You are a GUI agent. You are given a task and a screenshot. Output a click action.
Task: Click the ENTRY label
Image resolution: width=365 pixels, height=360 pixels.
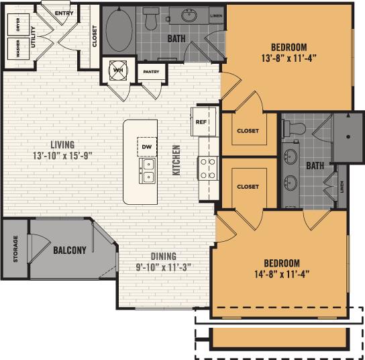click(x=63, y=13)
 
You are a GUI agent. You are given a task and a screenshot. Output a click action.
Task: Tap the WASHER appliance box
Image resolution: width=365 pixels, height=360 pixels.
click(x=13, y=50)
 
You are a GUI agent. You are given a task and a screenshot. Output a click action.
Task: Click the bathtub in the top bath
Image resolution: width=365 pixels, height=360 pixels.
click(x=119, y=31)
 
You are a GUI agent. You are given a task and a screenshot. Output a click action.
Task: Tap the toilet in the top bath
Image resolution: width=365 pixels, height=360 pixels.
click(x=151, y=19)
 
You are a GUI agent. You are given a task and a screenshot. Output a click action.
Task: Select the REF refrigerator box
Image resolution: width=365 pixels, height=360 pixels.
click(x=201, y=123)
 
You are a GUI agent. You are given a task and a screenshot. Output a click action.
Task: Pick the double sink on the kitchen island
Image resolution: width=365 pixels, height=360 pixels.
click(x=147, y=171)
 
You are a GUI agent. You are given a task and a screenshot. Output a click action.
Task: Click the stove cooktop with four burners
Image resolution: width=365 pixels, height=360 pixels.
click(x=207, y=167)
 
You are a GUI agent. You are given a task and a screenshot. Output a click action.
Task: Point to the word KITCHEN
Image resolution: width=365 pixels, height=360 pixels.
click(x=177, y=161)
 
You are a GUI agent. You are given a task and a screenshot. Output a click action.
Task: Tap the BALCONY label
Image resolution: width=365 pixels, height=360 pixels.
click(x=70, y=251)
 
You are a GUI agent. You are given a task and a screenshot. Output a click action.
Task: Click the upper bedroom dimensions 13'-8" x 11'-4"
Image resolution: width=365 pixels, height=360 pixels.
click(x=289, y=57)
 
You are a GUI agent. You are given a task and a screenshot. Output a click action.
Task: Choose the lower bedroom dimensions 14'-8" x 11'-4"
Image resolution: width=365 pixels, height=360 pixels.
click(x=281, y=273)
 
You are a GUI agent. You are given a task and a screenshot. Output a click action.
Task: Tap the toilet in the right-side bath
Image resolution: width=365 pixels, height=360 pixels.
click(x=294, y=127)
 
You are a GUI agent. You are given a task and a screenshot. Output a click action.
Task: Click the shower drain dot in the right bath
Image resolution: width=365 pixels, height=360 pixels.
click(x=348, y=136)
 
